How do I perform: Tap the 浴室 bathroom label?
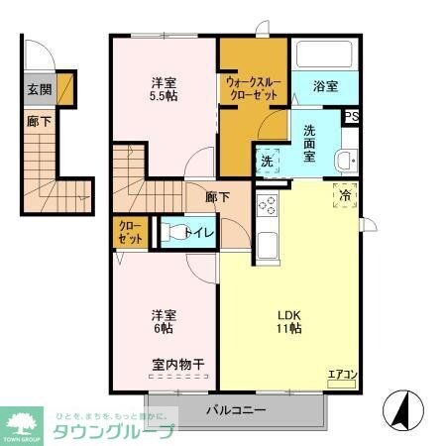(x=326, y=86)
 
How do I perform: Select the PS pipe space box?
(x=351, y=116)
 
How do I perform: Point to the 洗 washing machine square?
(x=268, y=162)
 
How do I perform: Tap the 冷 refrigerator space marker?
(x=345, y=196)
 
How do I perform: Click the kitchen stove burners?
(x=267, y=206)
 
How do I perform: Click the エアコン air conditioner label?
(x=341, y=374)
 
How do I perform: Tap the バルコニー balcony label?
(x=236, y=409)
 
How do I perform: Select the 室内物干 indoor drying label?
(x=178, y=365)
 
